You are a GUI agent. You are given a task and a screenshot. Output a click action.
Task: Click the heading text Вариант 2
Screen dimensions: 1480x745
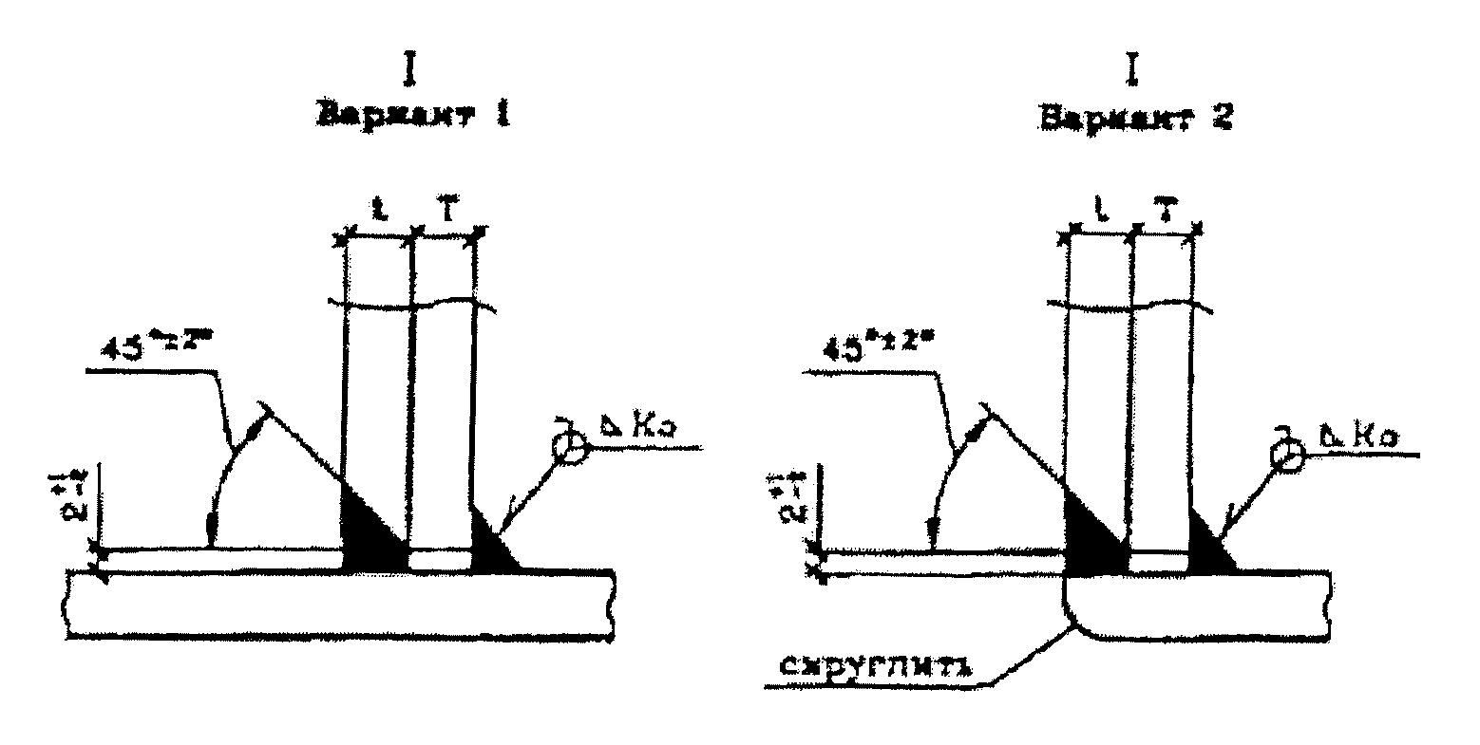click(1134, 118)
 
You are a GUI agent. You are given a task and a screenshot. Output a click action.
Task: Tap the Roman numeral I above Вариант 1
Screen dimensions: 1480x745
click(410, 69)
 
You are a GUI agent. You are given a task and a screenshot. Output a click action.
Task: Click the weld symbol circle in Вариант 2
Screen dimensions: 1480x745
click(1288, 456)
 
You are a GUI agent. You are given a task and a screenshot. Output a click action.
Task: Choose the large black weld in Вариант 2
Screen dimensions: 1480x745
click(1091, 537)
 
